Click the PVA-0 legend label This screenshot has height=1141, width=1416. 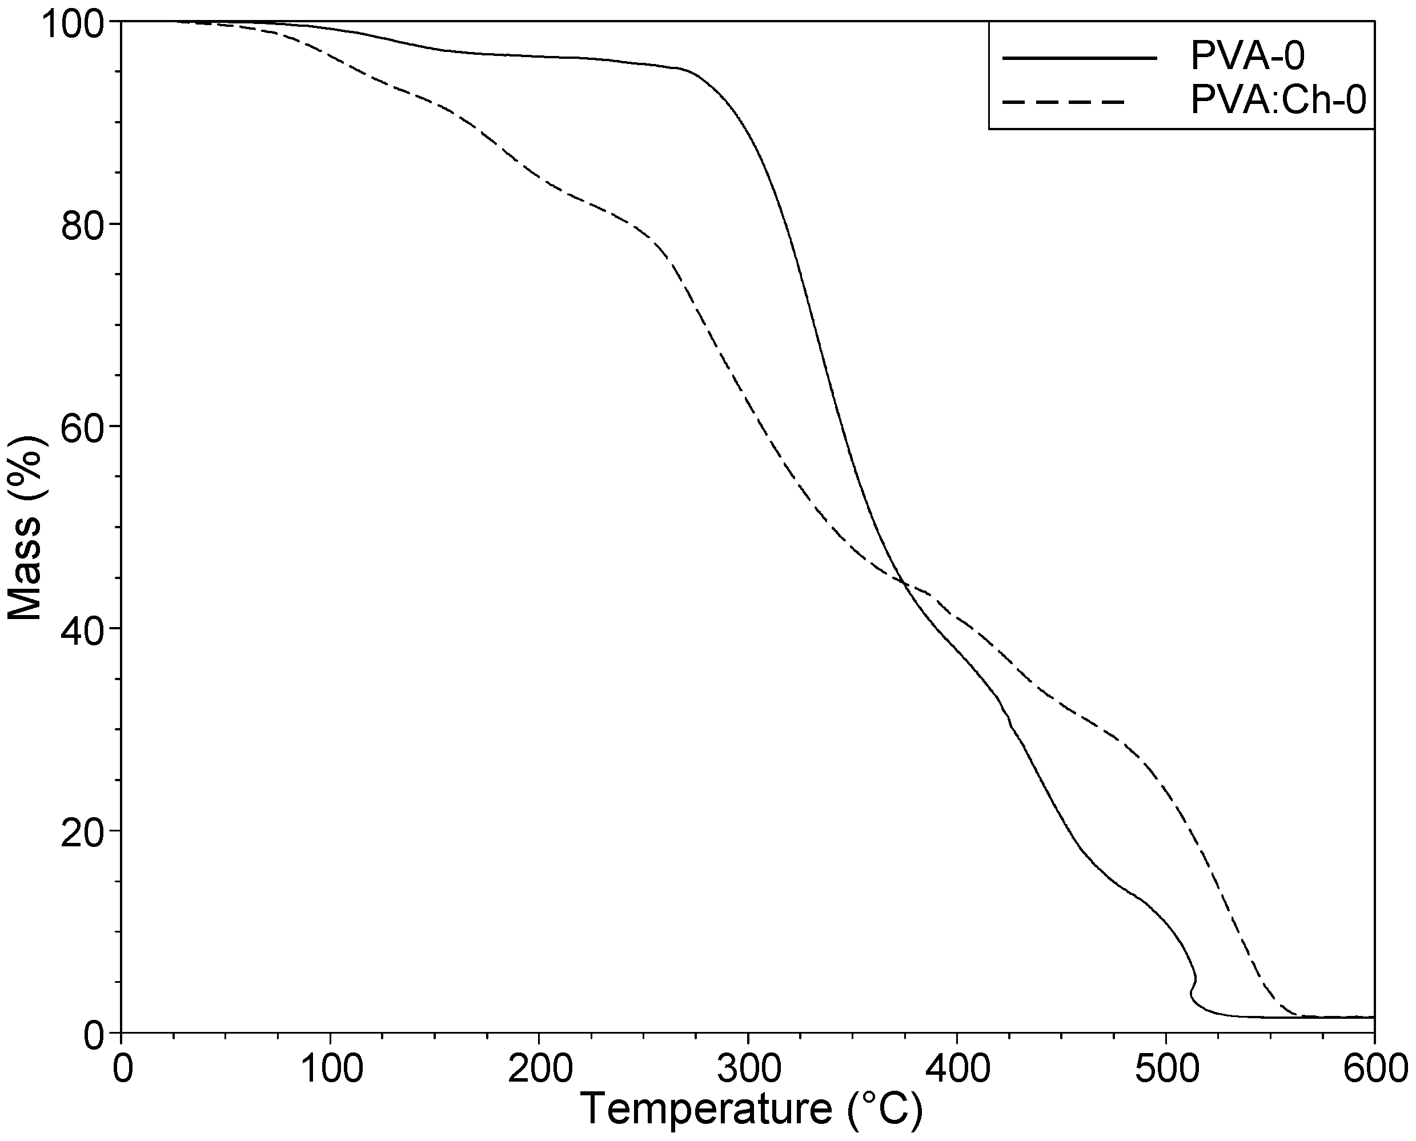click(x=1247, y=57)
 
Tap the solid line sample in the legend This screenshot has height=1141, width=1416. click(x=1079, y=58)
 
